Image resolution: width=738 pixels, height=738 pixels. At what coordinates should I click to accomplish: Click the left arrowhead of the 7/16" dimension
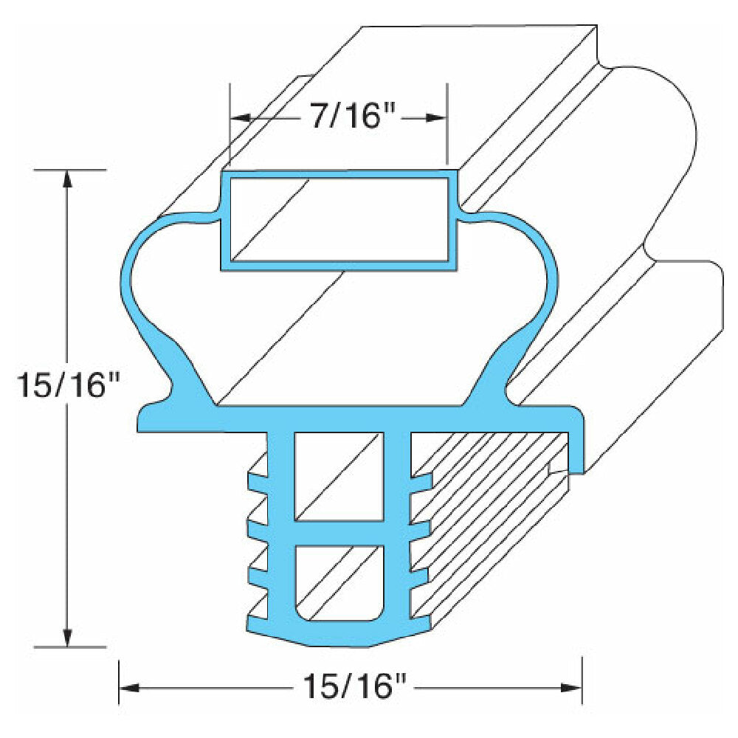[x=238, y=118]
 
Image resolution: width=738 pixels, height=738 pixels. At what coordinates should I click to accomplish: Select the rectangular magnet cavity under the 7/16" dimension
[x=339, y=219]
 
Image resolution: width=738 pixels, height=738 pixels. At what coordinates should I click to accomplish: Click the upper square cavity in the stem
[x=339, y=476]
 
